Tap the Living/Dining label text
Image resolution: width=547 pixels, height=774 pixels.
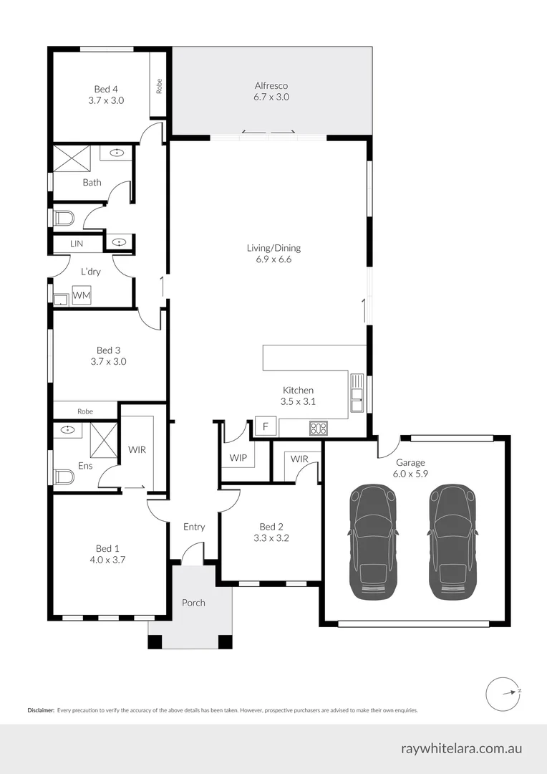pyautogui.click(x=273, y=248)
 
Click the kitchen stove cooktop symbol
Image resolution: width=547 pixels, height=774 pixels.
pyautogui.click(x=318, y=429)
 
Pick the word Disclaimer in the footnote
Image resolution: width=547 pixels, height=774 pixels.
pyautogui.click(x=41, y=710)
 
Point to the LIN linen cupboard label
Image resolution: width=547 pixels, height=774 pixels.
pyautogui.click(x=77, y=244)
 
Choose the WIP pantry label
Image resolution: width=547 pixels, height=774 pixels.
pyautogui.click(x=238, y=457)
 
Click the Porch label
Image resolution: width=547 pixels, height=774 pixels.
pyautogui.click(x=193, y=603)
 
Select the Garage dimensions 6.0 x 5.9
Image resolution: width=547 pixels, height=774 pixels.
pyautogui.click(x=410, y=474)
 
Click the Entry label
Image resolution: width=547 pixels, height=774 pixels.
pyautogui.click(x=194, y=527)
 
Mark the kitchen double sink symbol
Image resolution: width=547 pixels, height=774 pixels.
pyautogui.click(x=356, y=393)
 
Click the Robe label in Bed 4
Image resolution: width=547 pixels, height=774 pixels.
pyautogui.click(x=159, y=86)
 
